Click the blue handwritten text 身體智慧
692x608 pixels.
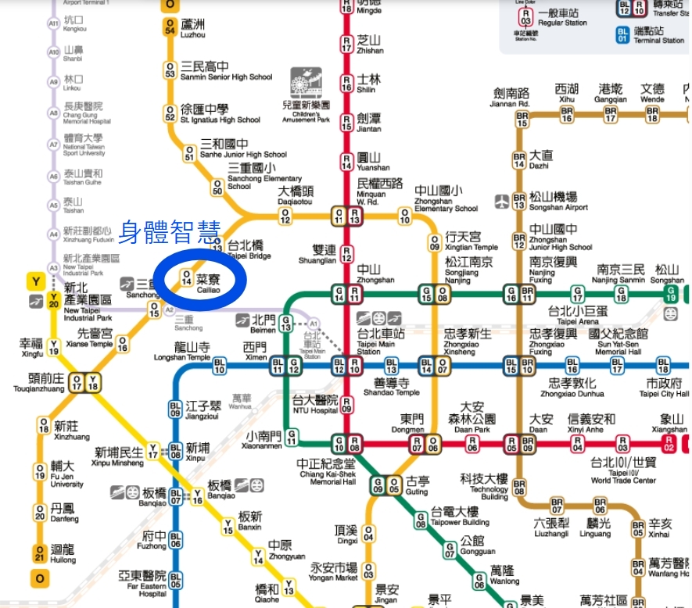(x=170, y=231)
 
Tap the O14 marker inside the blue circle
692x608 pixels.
(x=186, y=277)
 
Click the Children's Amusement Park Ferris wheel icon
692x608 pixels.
(x=306, y=83)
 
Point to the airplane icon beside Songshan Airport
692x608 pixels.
(x=502, y=201)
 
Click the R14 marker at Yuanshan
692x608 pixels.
(x=346, y=162)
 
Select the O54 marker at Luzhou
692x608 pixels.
(x=170, y=29)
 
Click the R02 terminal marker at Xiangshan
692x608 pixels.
(x=669, y=445)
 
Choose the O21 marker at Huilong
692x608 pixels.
(x=40, y=554)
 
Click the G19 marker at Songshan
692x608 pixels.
(x=670, y=294)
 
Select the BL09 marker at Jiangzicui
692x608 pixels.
(x=176, y=409)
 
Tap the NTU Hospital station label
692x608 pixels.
(x=316, y=405)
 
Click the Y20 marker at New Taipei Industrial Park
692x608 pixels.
(x=53, y=302)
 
